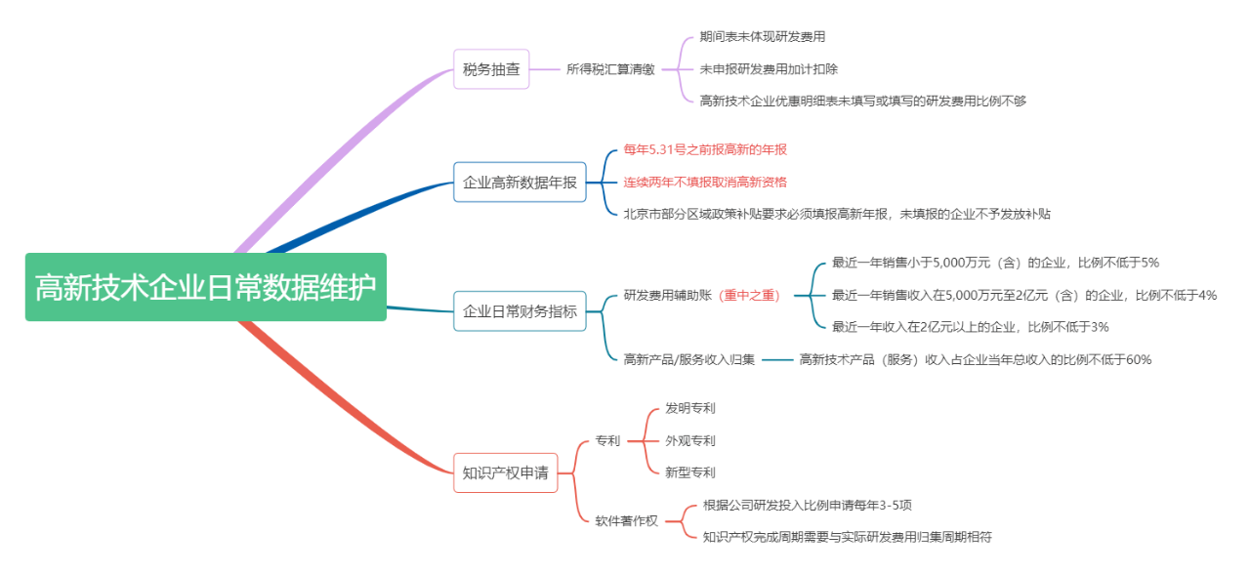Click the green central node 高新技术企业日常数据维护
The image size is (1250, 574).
coord(205,288)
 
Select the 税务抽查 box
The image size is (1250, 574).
coord(491,69)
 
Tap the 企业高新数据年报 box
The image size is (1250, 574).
coord(520,183)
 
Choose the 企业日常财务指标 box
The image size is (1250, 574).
coord(520,311)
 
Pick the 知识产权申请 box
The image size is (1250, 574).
coord(505,473)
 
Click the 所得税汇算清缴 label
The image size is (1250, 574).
coord(610,69)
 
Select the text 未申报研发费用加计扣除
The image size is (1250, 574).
coord(769,69)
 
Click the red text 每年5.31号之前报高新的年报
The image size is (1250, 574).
coord(705,149)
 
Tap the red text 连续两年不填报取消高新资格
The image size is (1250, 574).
coord(705,182)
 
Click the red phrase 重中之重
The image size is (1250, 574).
coord(750,295)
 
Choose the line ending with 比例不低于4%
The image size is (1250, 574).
coord(1023,295)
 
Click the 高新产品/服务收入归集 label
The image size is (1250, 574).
coord(689,359)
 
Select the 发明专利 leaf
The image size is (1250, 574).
coord(689,408)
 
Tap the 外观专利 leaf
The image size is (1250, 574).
coord(689,440)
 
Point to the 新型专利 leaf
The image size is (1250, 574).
coord(689,472)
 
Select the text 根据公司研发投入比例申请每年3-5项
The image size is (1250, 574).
coord(808,505)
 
